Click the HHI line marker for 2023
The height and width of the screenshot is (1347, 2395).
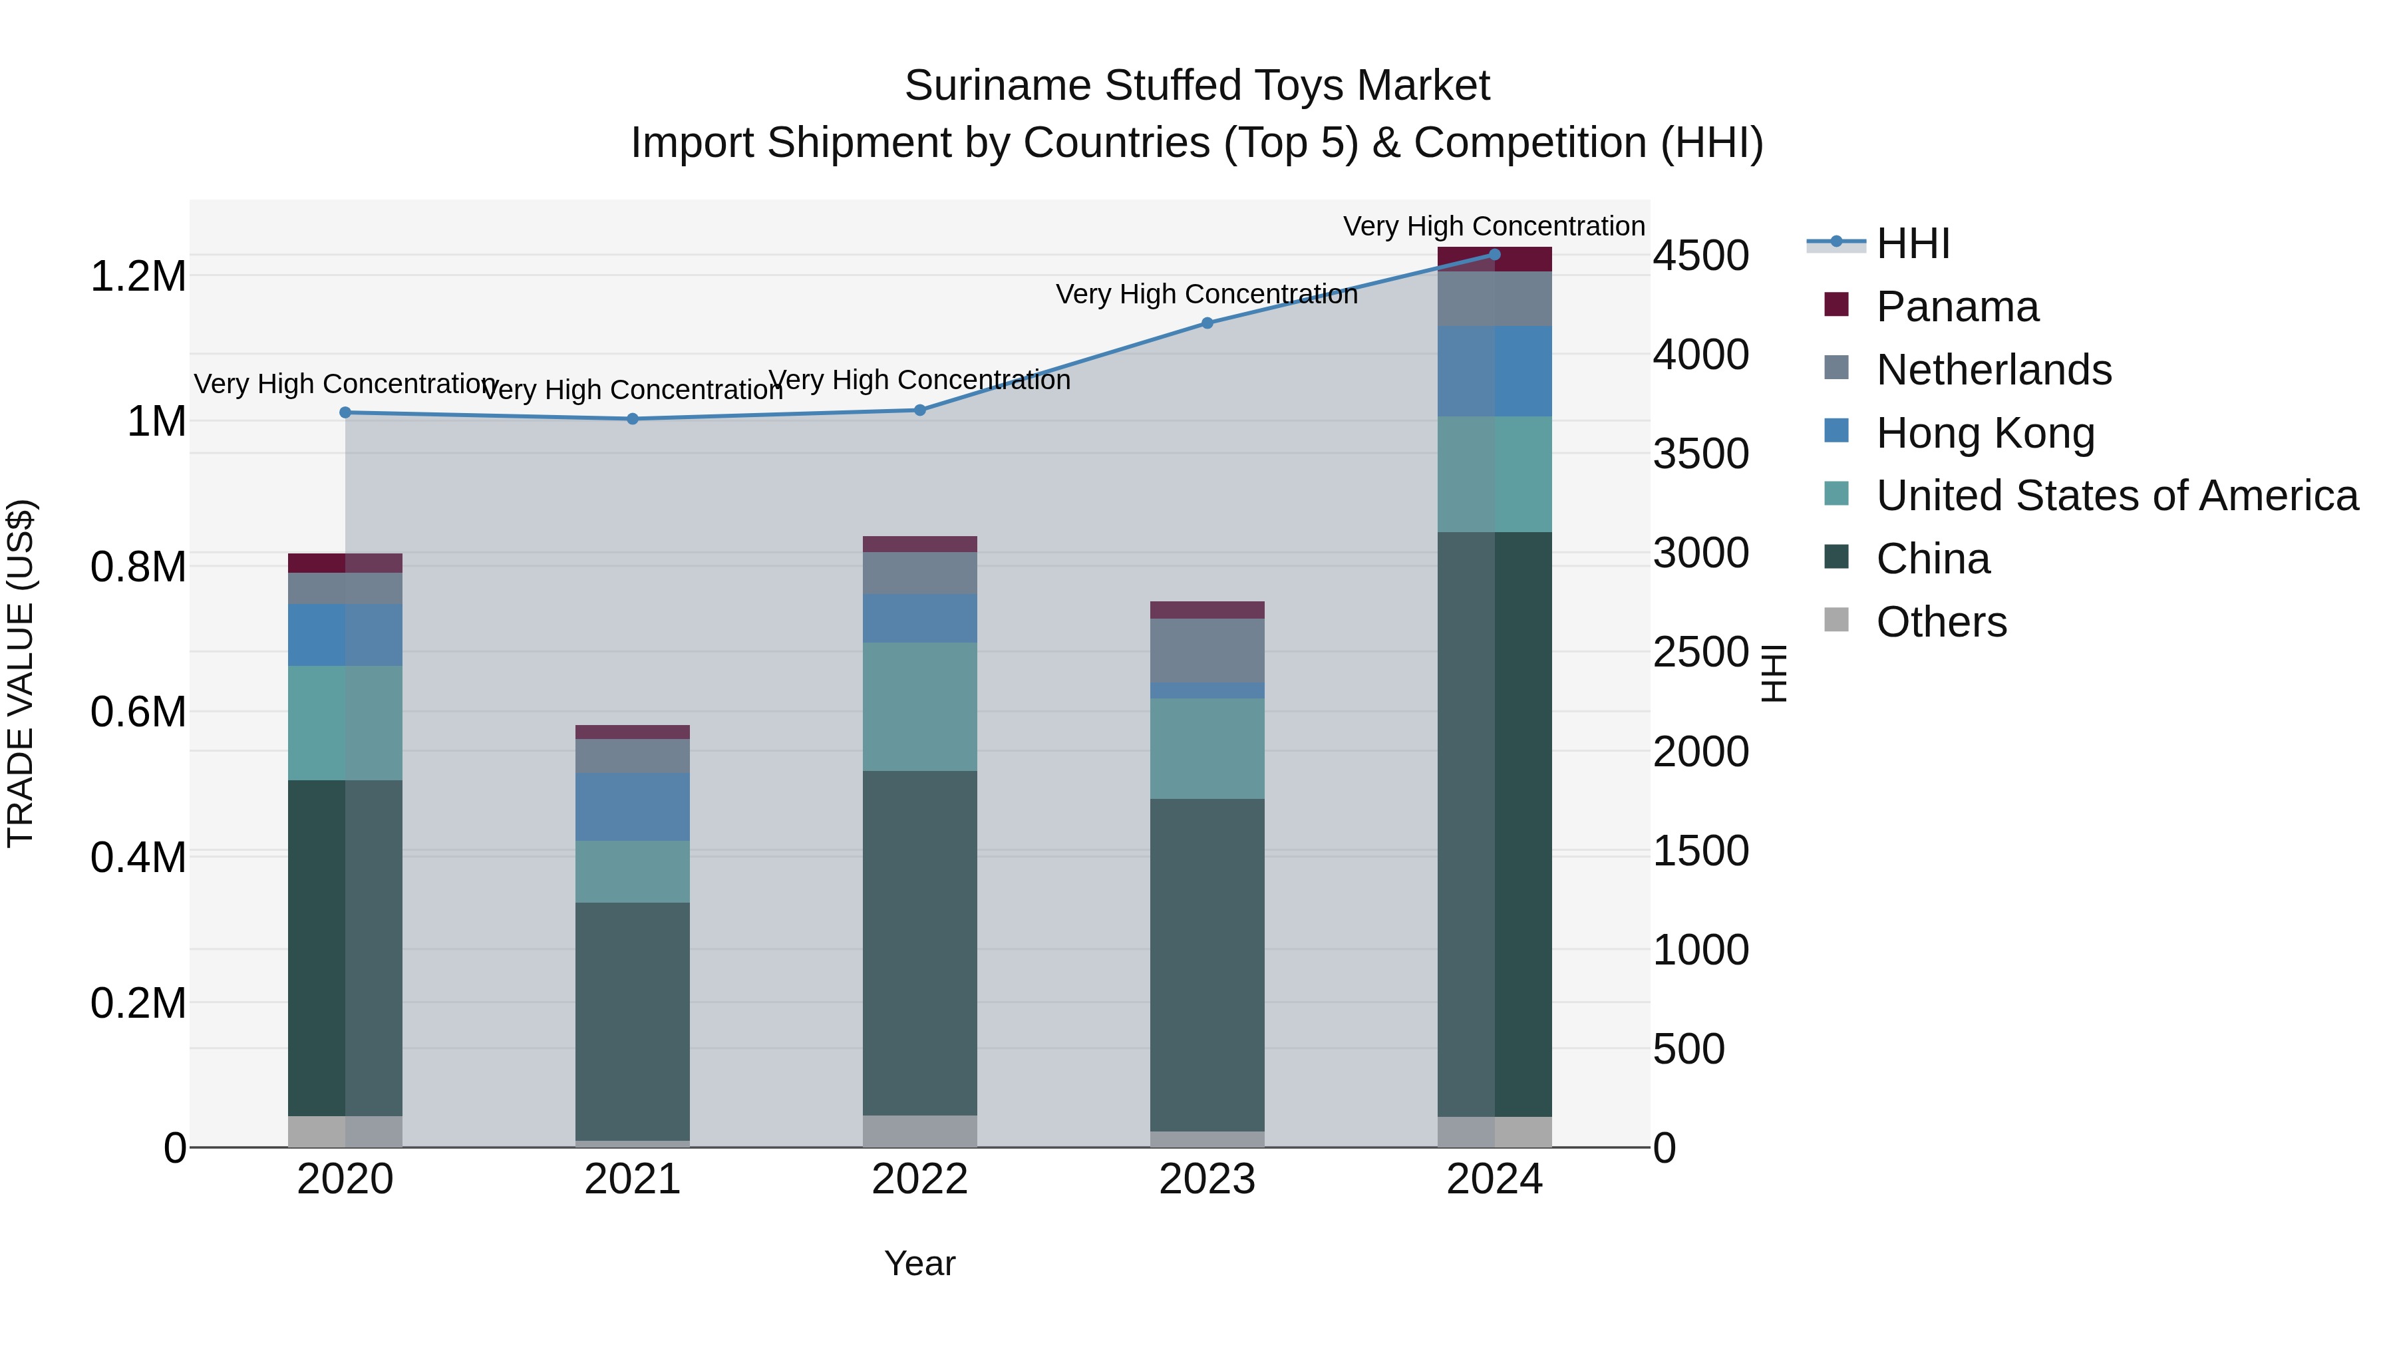point(1207,323)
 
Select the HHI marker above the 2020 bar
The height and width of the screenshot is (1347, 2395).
point(345,412)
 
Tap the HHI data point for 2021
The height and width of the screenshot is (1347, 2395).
point(632,418)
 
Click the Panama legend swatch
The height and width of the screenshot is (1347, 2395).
point(1836,304)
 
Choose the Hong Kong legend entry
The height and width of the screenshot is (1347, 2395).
point(1985,433)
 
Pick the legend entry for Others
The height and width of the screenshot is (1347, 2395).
point(1941,622)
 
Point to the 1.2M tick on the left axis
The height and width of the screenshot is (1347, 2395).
point(138,276)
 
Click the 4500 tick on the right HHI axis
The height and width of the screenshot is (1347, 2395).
point(1700,255)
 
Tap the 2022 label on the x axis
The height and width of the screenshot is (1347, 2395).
point(919,1179)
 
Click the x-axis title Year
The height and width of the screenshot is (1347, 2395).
point(919,1263)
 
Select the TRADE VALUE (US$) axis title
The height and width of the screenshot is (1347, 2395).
point(21,673)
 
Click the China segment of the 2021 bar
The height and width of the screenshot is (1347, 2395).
point(632,1020)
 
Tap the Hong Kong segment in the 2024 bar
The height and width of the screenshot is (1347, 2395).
point(1494,371)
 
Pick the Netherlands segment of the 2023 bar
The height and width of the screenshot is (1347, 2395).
point(1207,650)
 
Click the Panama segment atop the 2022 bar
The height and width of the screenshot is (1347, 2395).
point(919,544)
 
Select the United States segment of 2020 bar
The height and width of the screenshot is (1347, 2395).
point(345,722)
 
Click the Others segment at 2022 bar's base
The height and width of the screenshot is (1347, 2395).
point(919,1130)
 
